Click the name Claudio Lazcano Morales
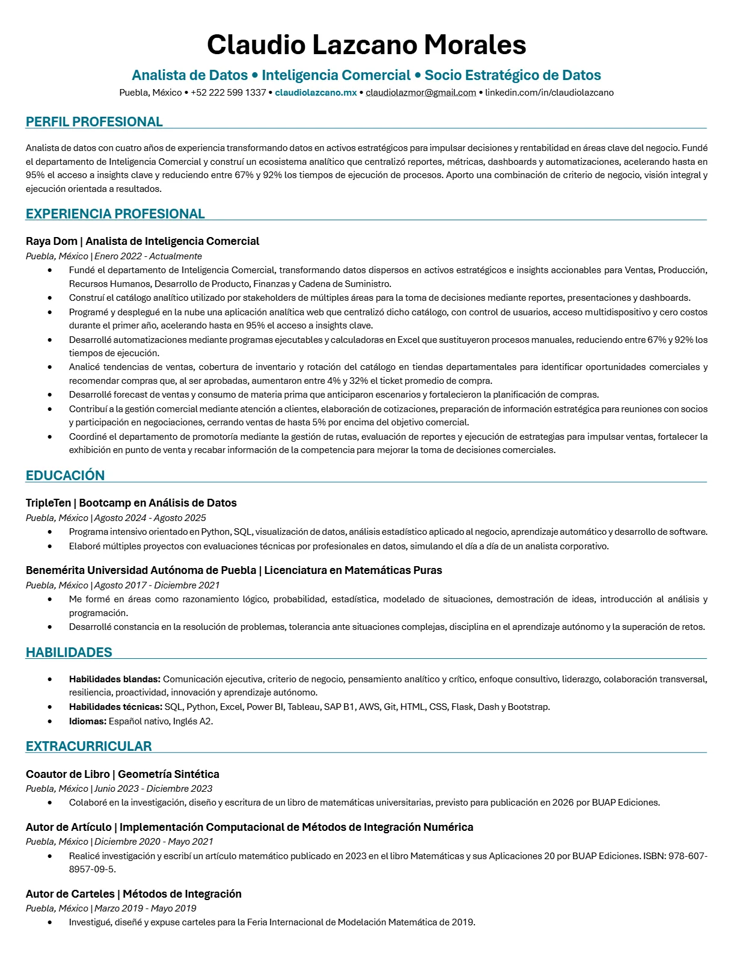366,45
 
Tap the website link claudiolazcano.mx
316,93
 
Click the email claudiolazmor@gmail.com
421,93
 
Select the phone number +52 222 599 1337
228,93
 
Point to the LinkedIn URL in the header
549,93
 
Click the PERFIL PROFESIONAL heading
94,122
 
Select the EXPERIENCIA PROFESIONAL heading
115,214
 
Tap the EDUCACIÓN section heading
65,475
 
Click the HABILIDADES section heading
69,652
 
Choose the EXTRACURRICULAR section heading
88,746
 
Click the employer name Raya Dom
52,241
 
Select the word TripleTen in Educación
48,503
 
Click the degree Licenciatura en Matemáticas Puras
353,570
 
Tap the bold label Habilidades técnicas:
115,707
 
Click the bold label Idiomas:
87,721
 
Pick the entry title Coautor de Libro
67,774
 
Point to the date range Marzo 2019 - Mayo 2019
145,908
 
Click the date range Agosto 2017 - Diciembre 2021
157,585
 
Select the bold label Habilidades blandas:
114,679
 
